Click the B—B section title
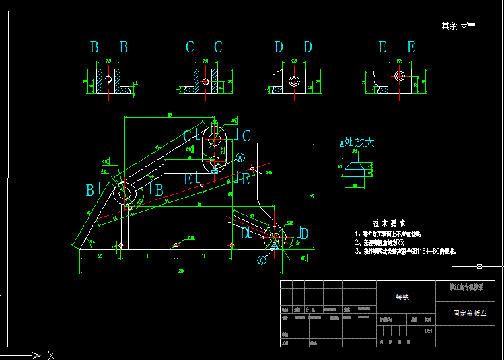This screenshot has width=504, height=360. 109,47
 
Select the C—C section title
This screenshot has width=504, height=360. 203,47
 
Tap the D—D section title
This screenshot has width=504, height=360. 293,47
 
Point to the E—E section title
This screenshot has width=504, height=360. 396,47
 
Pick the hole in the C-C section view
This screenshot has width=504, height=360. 205,82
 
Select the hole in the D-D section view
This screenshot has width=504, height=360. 294,82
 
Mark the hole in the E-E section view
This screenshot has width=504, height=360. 400,77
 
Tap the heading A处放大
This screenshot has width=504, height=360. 357,142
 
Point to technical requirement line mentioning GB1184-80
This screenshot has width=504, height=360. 406,252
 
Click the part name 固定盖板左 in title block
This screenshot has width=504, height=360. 469,314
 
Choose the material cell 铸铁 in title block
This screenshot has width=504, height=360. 402,297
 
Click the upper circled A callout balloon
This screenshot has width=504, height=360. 241,157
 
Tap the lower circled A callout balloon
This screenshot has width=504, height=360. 261,260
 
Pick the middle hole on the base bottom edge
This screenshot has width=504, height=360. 176,245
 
